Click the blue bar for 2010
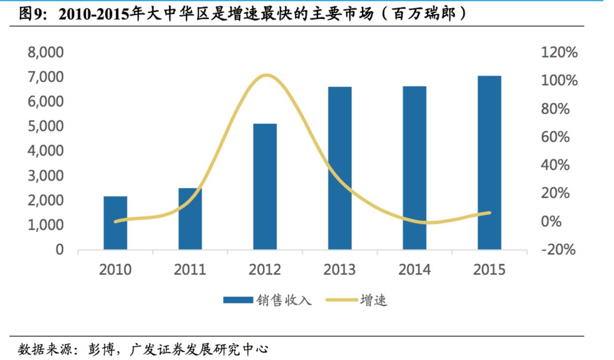(115, 223)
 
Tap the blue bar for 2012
(265, 186)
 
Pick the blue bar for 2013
(339, 168)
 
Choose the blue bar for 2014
(414, 168)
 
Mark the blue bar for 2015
(489, 163)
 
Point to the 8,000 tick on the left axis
(45, 53)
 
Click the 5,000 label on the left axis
(45, 126)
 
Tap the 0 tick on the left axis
(59, 249)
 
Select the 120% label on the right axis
(559, 53)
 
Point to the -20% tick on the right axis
(558, 249)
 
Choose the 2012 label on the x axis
(265, 270)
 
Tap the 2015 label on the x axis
(489, 270)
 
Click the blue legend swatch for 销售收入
(238, 300)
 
